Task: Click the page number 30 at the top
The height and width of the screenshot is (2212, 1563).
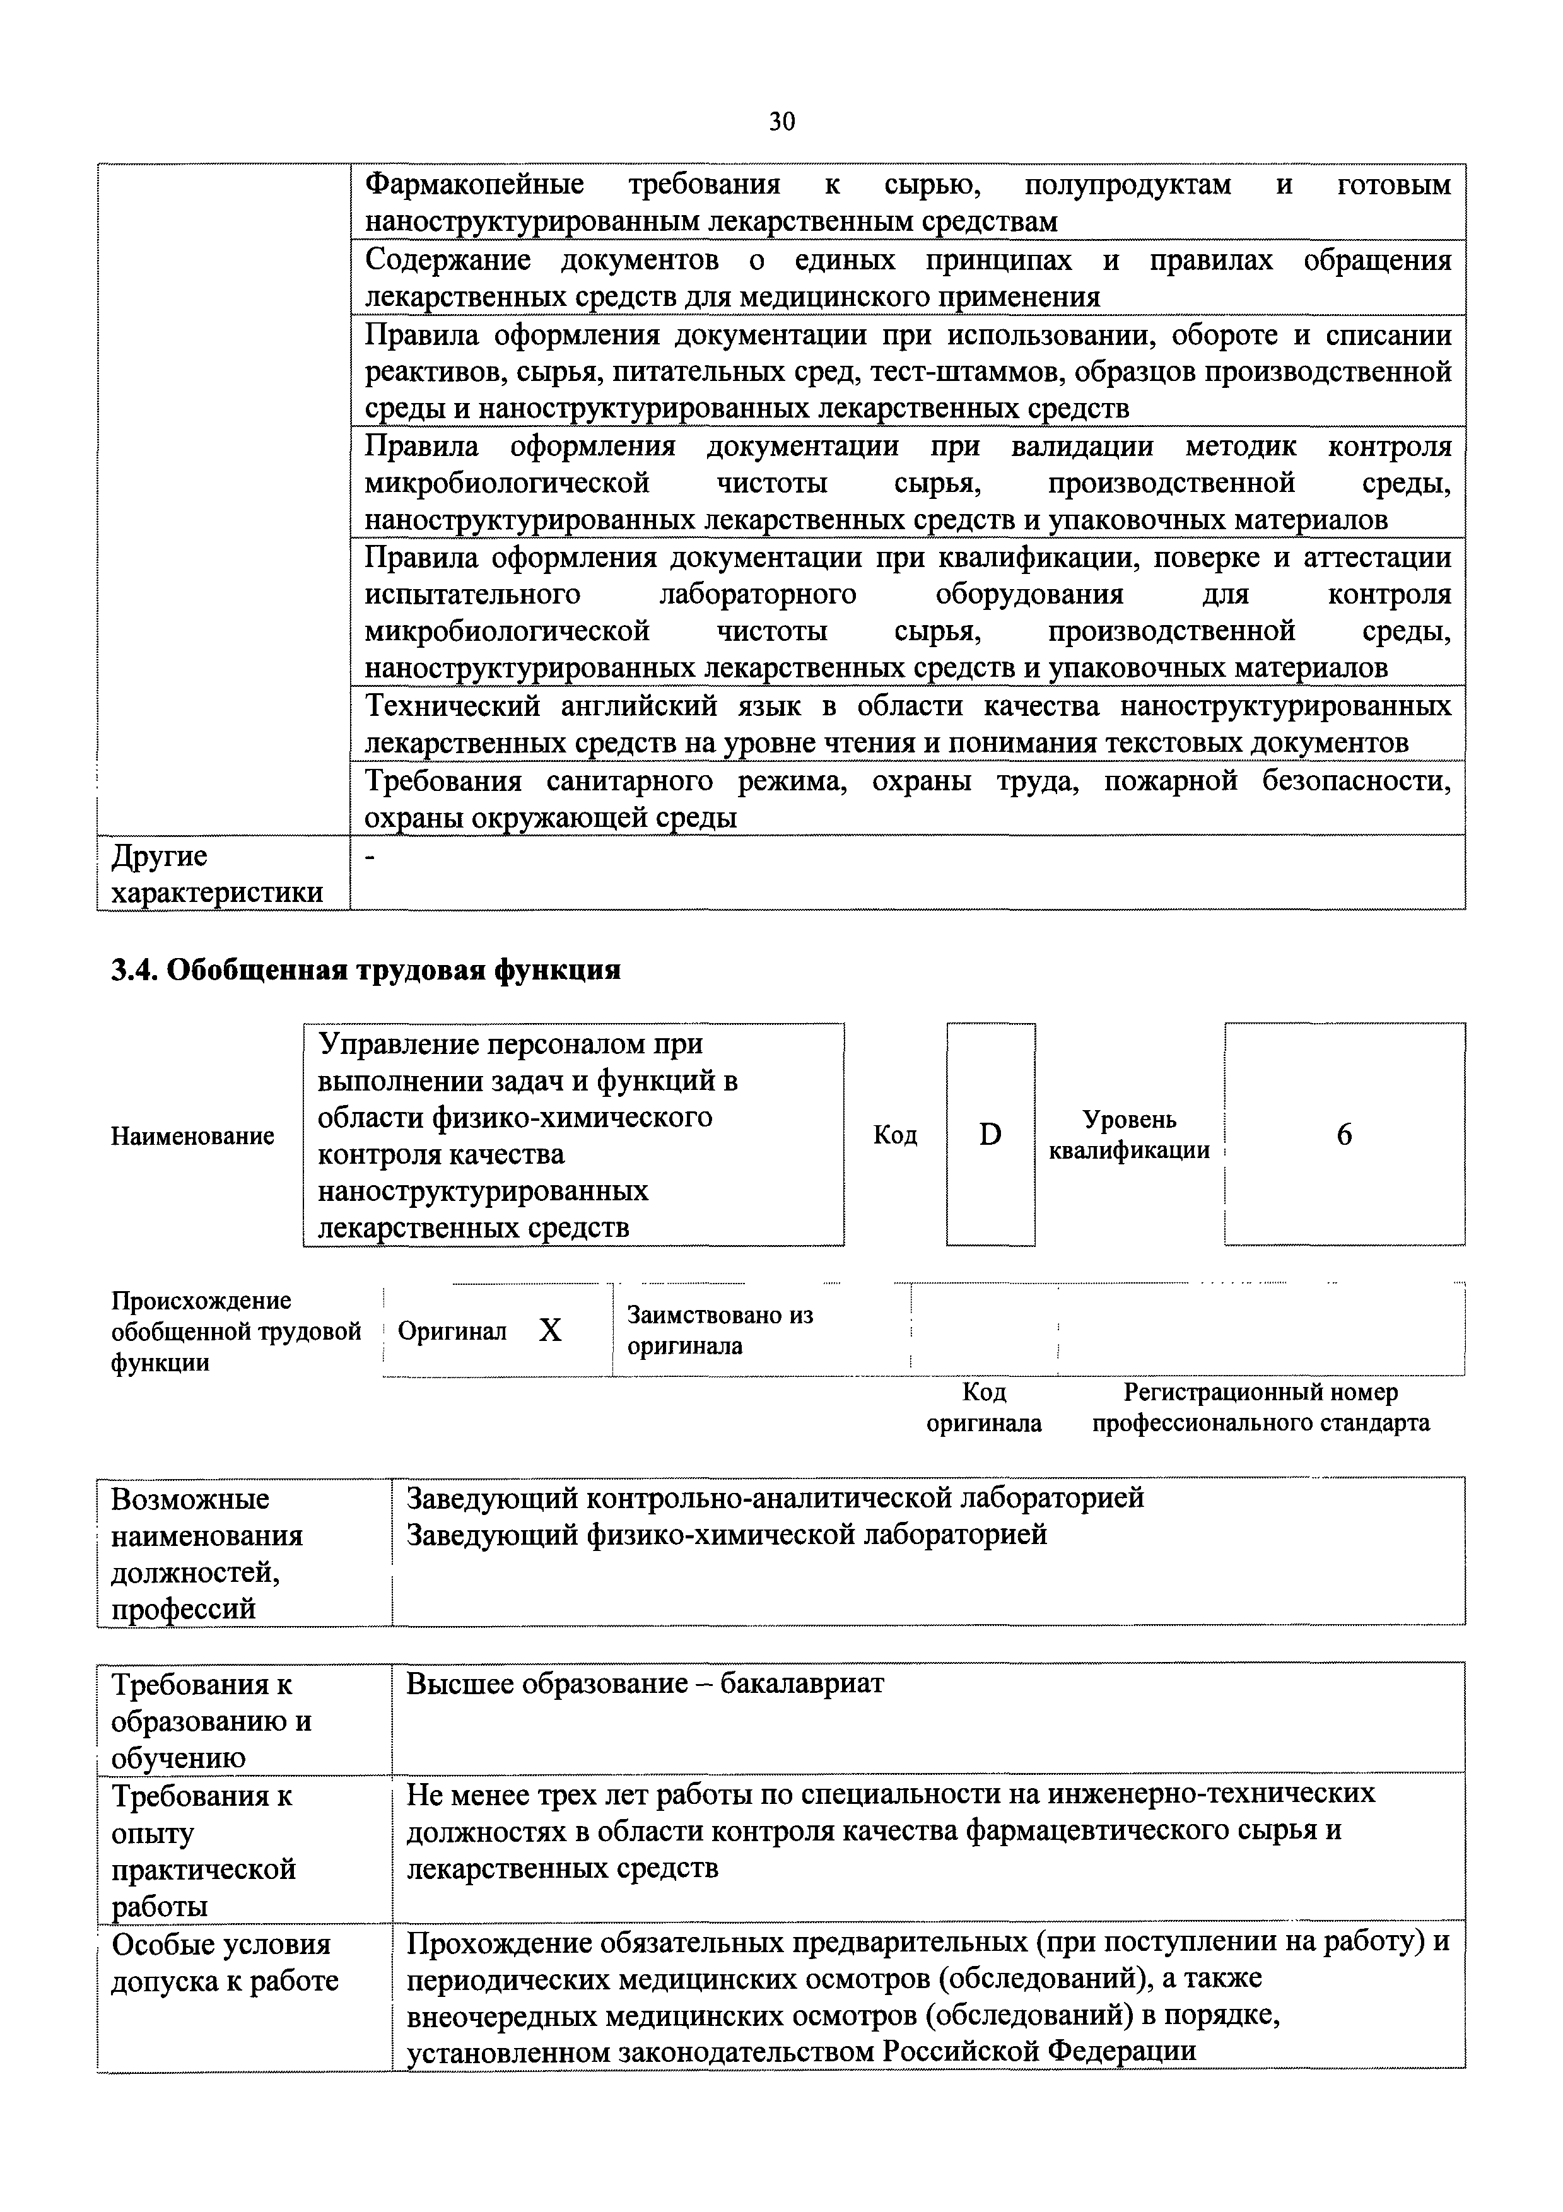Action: pyautogui.click(x=781, y=121)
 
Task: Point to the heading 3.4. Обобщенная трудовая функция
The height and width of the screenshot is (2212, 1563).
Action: pyautogui.click(x=366, y=970)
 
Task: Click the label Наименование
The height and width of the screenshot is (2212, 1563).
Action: pyautogui.click(x=193, y=1136)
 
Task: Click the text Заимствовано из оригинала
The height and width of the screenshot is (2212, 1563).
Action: pyautogui.click(x=720, y=1330)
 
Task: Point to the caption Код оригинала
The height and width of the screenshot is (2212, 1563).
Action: pyautogui.click(x=984, y=1408)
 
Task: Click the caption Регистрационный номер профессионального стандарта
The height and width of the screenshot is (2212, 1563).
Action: pyautogui.click(x=1260, y=1408)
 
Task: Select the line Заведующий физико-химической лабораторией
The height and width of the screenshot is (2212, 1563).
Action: pyautogui.click(x=727, y=1535)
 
